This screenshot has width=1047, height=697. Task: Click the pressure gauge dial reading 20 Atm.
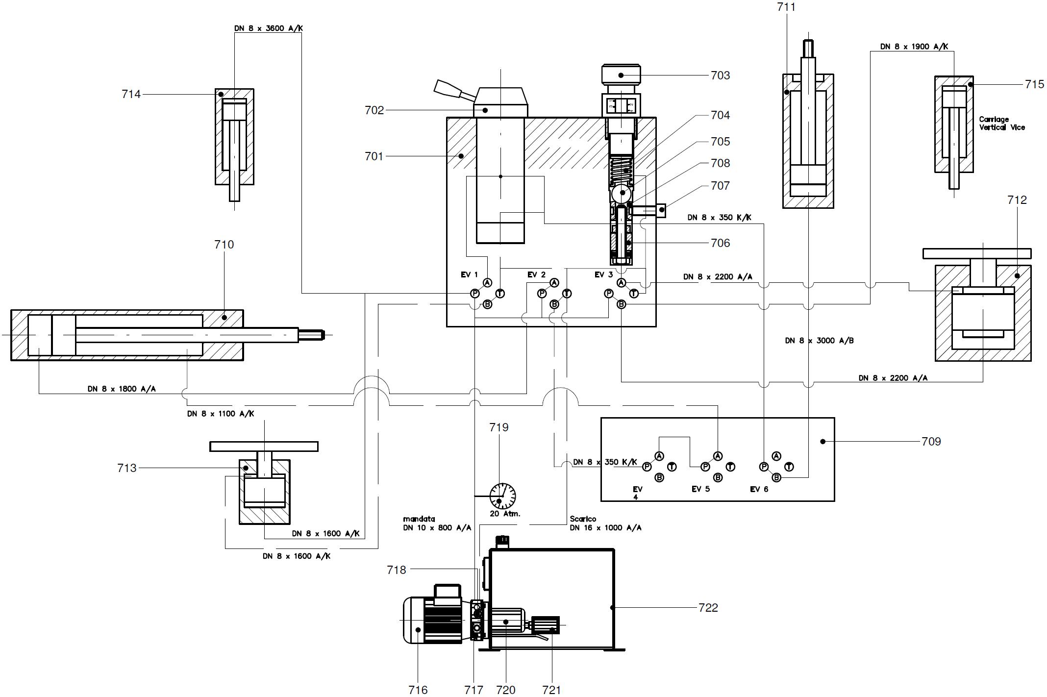pyautogui.click(x=502, y=496)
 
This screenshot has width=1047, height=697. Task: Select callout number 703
pyautogui.click(x=720, y=75)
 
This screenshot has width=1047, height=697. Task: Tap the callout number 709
pyautogui.click(x=931, y=441)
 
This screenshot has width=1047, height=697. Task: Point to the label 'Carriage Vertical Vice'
pyautogui.click(x=1001, y=123)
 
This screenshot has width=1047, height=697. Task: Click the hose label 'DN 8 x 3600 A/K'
pyautogui.click(x=268, y=28)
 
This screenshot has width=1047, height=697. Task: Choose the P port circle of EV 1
pyautogui.click(x=474, y=293)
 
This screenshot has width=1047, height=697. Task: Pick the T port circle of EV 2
pyautogui.click(x=567, y=293)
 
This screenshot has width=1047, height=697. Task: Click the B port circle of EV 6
pyautogui.click(x=776, y=477)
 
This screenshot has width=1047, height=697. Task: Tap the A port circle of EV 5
pyautogui.click(x=718, y=456)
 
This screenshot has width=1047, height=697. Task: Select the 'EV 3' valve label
pyautogui.click(x=603, y=274)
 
